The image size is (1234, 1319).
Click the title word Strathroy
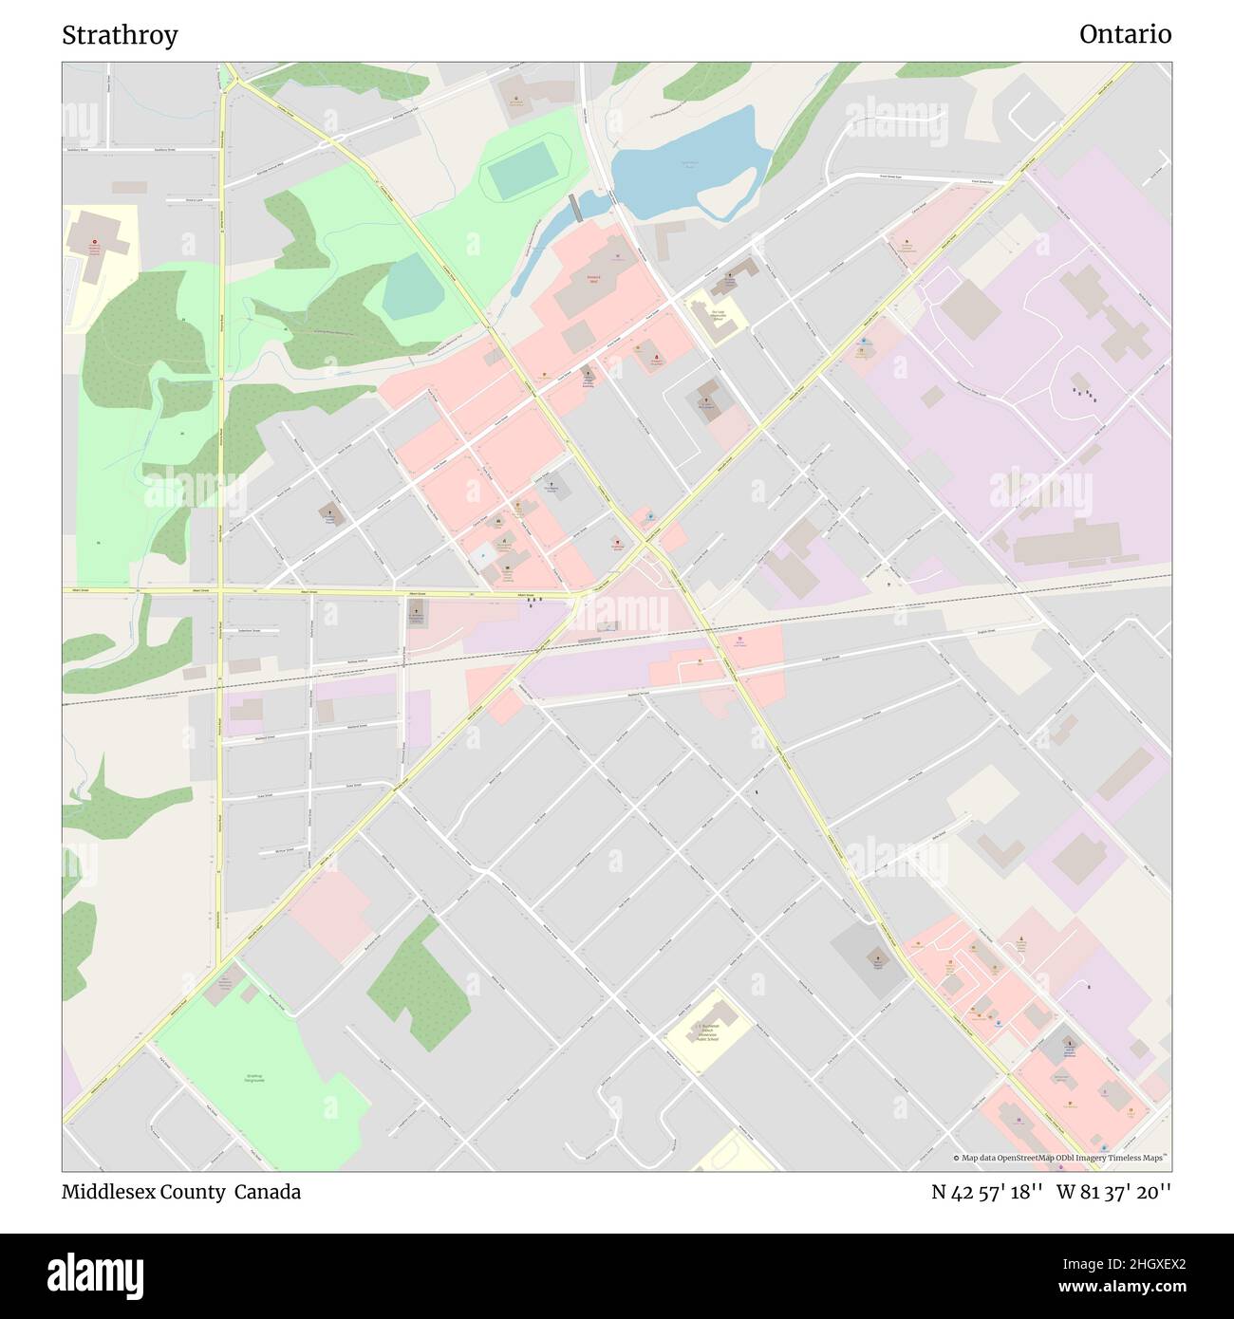point(120,35)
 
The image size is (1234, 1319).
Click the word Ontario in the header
point(1125,34)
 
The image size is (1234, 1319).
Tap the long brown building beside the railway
point(1068,548)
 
